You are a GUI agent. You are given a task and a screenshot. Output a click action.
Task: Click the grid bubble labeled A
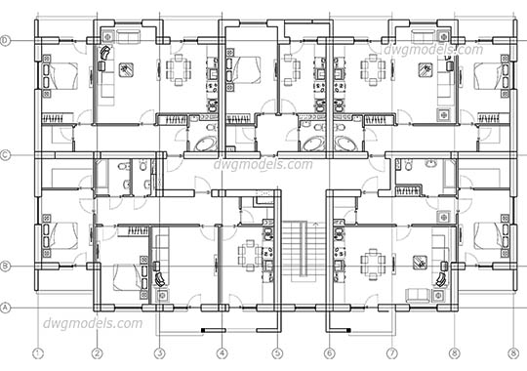click(5, 308)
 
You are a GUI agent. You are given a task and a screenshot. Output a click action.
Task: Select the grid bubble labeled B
click(5, 265)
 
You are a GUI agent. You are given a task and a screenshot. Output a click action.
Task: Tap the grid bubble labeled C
click(5, 154)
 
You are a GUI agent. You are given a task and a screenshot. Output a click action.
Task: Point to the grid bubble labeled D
click(5, 40)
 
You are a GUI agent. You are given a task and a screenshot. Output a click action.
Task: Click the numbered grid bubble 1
click(38, 353)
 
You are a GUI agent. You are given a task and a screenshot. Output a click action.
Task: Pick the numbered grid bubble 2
click(98, 353)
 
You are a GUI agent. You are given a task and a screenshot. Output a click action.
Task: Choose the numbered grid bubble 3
click(159, 353)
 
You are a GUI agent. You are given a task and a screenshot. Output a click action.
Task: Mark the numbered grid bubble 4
click(222, 353)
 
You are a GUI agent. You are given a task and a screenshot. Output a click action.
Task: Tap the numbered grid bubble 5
click(277, 353)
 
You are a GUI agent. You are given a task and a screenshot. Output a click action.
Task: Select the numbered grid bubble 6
click(329, 353)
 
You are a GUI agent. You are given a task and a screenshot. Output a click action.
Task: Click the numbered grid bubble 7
click(391, 353)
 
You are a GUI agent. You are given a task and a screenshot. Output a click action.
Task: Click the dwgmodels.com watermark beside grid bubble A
click(93, 323)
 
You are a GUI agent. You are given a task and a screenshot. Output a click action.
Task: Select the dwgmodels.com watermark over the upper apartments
click(433, 49)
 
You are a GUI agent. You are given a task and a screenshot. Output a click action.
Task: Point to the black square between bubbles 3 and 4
click(203, 332)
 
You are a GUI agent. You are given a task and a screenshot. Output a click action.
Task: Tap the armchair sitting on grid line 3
click(160, 276)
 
